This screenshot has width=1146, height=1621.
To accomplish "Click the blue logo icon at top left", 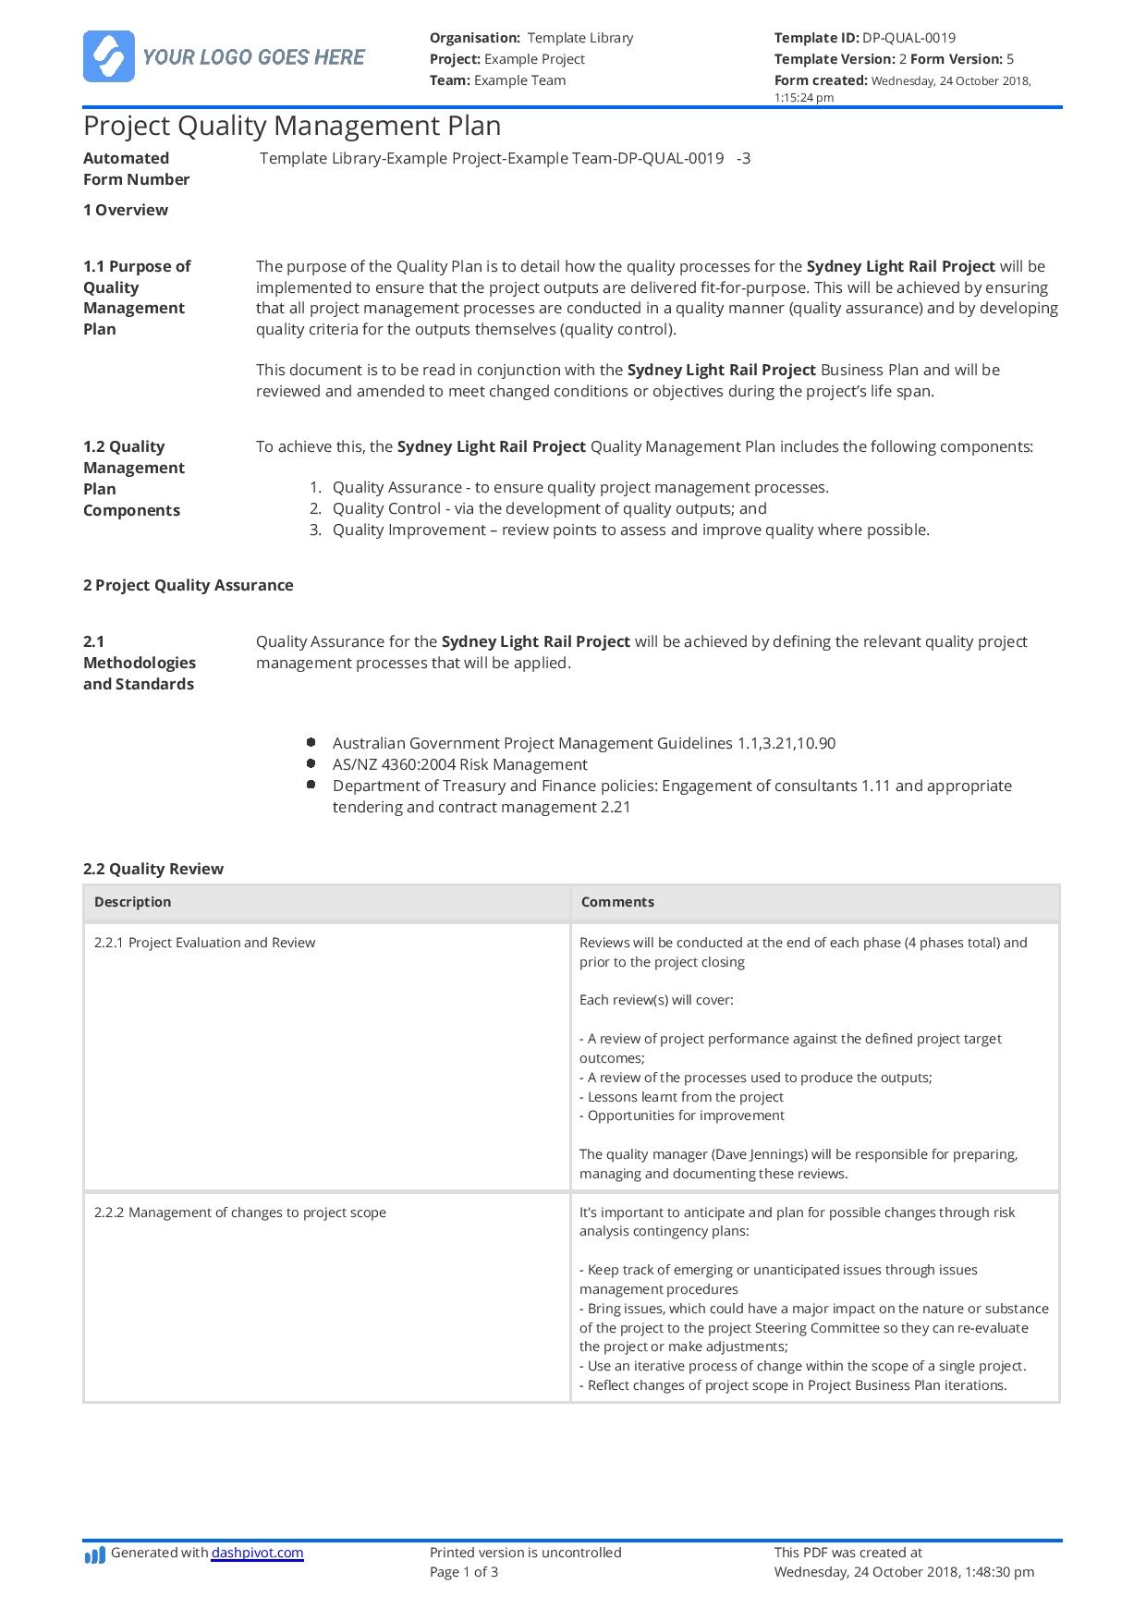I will [x=108, y=56].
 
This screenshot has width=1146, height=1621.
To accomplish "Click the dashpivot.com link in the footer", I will [x=257, y=1553].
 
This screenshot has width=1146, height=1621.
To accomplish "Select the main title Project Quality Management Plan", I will [x=292, y=126].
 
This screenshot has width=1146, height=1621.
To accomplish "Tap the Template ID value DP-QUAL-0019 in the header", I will [x=908, y=38].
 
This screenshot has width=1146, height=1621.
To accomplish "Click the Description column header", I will [x=133, y=902].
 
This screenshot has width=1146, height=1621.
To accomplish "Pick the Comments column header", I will [x=617, y=902].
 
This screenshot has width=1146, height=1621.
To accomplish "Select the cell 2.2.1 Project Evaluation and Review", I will [x=204, y=943].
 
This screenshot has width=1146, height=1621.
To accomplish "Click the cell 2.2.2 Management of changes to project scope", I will [x=240, y=1213].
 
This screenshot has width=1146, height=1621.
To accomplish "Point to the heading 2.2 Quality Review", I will [x=153, y=869].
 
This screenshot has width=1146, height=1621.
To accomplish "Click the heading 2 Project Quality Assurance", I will [x=189, y=585].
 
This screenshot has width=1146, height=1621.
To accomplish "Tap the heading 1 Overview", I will [x=126, y=210].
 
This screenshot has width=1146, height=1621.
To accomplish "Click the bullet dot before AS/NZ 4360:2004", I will [x=311, y=764].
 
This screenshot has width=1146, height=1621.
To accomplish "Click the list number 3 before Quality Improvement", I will [x=315, y=530].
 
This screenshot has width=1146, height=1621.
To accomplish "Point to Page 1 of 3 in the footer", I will [x=464, y=1572].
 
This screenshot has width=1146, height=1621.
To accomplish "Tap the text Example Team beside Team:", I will [x=519, y=80].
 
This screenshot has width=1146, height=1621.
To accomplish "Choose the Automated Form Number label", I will [x=136, y=169].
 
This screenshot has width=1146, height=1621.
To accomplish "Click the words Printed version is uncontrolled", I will [x=525, y=1553].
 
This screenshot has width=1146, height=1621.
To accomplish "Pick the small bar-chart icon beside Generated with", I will [x=94, y=1556].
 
